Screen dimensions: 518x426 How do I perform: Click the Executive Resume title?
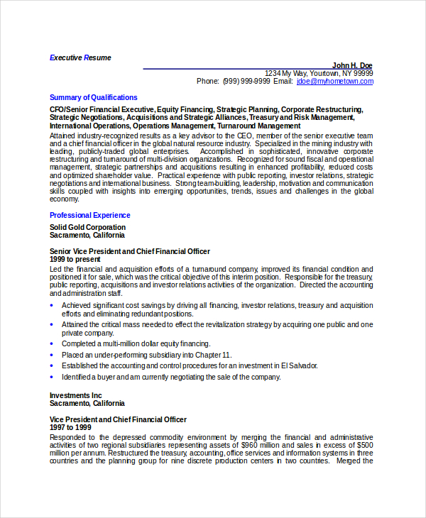pyautogui.click(x=80, y=57)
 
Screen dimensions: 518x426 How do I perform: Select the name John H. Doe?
pyautogui.click(x=351, y=65)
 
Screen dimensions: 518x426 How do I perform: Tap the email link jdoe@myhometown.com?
pyautogui.click(x=334, y=82)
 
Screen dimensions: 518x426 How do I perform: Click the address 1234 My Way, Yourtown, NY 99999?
pyautogui.click(x=318, y=73)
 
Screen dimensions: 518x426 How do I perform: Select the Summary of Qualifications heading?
pyautogui.click(x=94, y=97)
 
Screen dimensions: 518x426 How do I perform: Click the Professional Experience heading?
pyautogui.click(x=90, y=215)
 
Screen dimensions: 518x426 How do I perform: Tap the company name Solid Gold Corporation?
pyautogui.click(x=88, y=228)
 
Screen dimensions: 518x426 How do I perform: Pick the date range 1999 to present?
pyautogui.click(x=75, y=260)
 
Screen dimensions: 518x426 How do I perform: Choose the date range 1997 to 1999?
pyautogui.click(x=70, y=428)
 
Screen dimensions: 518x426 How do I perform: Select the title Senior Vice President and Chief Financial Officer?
pyautogui.click(x=130, y=251)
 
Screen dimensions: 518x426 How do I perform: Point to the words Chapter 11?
pyautogui.click(x=216, y=355)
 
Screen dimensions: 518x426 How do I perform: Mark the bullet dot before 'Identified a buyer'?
pyautogui.click(x=53, y=377)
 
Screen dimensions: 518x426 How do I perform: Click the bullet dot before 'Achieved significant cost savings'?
pyautogui.click(x=53, y=306)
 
